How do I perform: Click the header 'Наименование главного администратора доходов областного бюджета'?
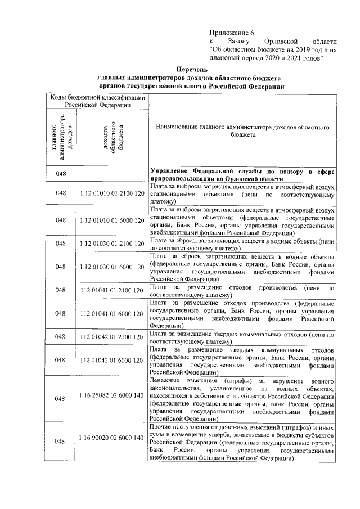(243, 132)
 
